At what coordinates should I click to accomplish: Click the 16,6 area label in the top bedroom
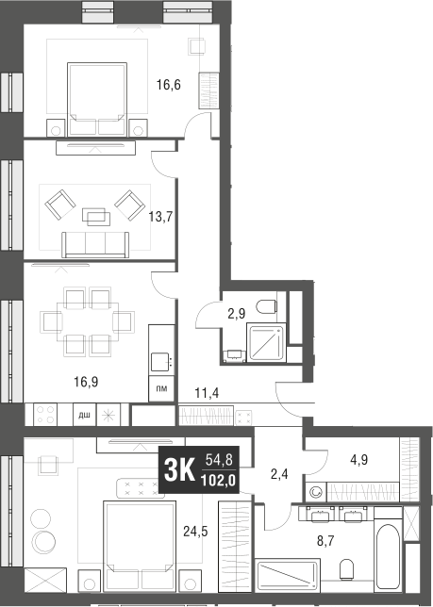click(x=168, y=85)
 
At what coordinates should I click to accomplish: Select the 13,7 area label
click(x=159, y=216)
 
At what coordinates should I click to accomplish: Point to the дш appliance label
click(x=83, y=414)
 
